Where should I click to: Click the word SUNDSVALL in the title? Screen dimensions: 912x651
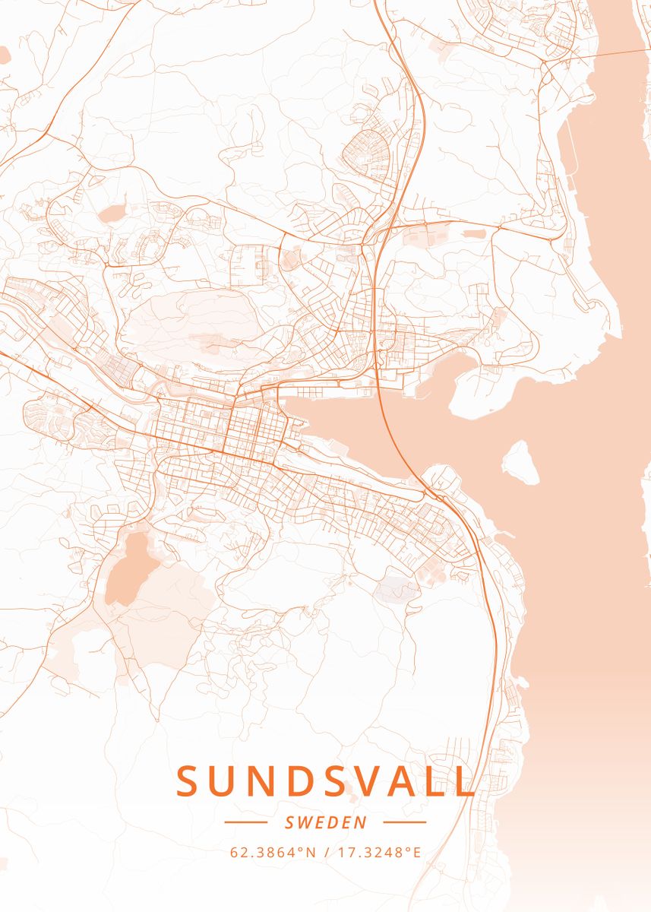[x=325, y=781]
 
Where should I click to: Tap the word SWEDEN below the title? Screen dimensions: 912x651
[x=325, y=822]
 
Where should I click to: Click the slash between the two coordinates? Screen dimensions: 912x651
[x=326, y=852]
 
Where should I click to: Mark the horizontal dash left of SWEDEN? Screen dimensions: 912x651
[x=245, y=822]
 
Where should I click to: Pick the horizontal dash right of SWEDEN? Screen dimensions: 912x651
[x=405, y=822]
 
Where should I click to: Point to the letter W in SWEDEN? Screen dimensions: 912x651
[x=308, y=822]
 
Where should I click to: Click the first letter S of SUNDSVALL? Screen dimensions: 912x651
[x=188, y=781]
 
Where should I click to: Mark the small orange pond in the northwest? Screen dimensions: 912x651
[x=112, y=212]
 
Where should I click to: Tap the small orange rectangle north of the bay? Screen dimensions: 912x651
[x=474, y=233]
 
